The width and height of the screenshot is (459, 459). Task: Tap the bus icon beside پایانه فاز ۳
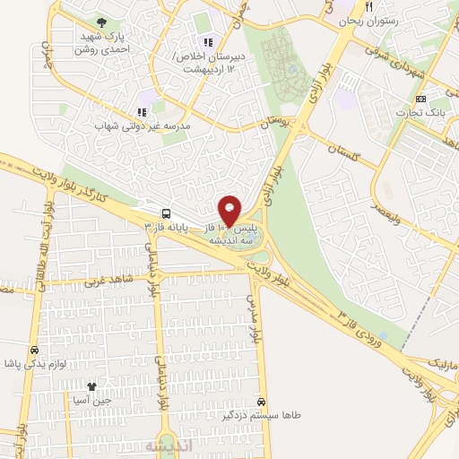[166, 213]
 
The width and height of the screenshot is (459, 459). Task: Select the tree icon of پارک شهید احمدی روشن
[100, 22]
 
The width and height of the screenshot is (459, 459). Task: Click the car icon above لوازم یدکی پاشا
[33, 351]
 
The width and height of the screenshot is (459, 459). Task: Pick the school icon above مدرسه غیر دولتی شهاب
[142, 112]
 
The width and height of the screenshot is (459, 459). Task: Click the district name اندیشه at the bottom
[169, 446]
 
